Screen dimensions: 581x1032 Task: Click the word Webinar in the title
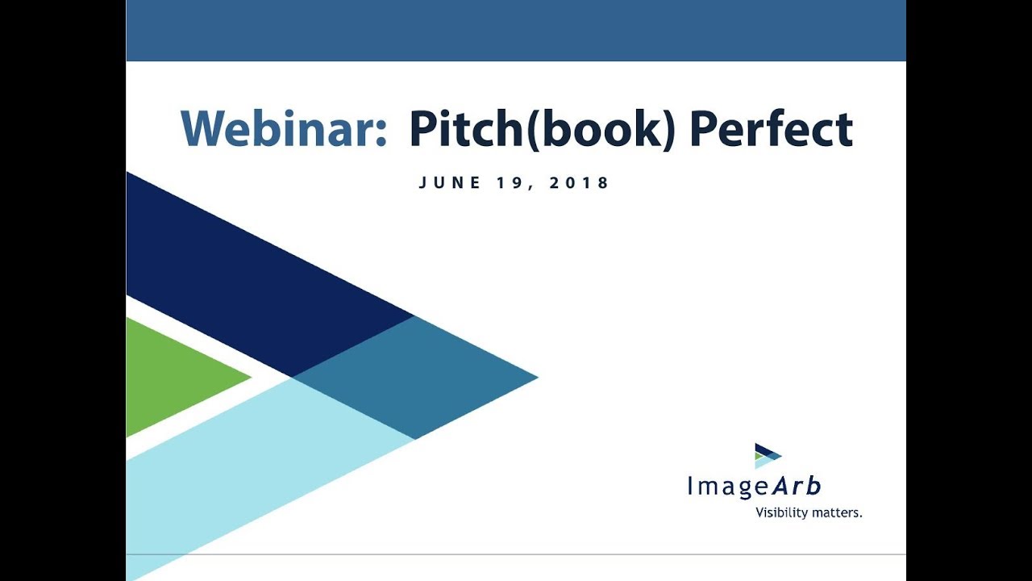(278, 129)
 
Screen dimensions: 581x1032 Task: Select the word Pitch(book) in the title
(541, 129)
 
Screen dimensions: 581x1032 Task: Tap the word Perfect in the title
(771, 129)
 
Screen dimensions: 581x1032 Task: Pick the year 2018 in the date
(579, 183)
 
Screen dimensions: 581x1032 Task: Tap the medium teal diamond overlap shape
(415, 377)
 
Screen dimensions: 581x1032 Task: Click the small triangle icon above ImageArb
(767, 456)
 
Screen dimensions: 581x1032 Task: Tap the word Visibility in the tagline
(781, 512)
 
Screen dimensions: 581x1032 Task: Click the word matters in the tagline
(836, 512)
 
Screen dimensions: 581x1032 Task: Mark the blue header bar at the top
(516, 31)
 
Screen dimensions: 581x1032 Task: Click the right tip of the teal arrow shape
(535, 377)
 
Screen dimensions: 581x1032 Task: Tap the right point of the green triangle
(249, 377)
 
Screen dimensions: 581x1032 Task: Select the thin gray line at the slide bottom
(516, 554)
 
